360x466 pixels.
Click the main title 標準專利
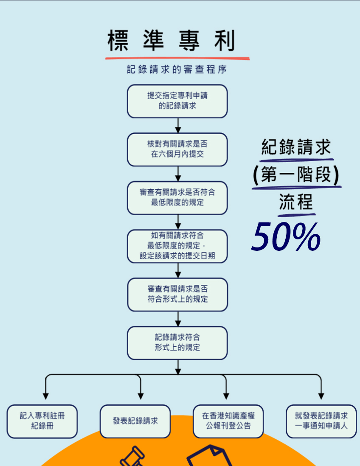point(171,41)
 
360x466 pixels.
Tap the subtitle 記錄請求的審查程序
point(177,70)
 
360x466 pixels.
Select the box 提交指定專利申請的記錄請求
point(177,101)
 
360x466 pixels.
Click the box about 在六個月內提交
point(177,149)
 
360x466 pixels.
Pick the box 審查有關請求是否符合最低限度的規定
point(177,198)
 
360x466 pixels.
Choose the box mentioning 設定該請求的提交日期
point(177,246)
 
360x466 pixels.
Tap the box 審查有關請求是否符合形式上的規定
point(177,294)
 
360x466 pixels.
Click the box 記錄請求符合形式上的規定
point(177,342)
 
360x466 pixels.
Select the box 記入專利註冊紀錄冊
point(42,421)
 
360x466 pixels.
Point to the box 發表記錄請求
point(135,421)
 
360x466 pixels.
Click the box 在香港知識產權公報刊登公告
point(228,421)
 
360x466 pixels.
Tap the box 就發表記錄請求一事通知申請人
point(321,421)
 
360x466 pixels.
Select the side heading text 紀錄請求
point(296,148)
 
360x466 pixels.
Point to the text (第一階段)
point(296,175)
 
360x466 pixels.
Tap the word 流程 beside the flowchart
point(296,202)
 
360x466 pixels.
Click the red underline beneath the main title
point(177,57)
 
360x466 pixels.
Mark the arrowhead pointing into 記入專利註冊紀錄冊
point(45,396)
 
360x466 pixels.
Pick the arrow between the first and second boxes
point(178,126)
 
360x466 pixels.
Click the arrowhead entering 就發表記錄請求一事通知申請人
point(321,396)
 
